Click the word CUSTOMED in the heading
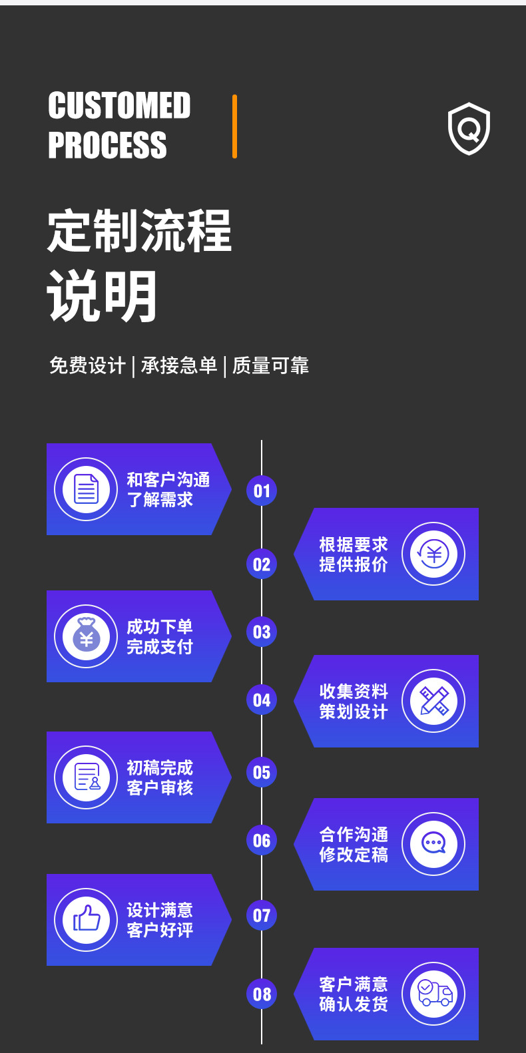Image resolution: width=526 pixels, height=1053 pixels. click(x=119, y=105)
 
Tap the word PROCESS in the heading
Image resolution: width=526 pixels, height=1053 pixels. click(x=107, y=145)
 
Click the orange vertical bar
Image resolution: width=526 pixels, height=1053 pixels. click(x=234, y=126)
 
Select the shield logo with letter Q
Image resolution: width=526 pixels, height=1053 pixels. click(x=469, y=128)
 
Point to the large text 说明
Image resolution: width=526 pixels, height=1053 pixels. click(x=101, y=296)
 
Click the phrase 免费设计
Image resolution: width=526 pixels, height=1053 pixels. click(x=87, y=365)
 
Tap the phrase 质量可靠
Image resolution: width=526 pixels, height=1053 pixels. click(x=270, y=365)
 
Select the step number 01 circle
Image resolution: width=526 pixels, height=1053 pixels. click(x=262, y=491)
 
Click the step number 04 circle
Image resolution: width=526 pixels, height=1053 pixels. click(x=262, y=700)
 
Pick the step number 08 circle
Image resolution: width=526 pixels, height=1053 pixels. click(x=262, y=994)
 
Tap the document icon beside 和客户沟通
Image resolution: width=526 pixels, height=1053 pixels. click(x=86, y=489)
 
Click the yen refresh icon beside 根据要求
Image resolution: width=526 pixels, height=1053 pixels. click(x=433, y=554)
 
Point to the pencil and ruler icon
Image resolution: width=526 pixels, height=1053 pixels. click(x=434, y=700)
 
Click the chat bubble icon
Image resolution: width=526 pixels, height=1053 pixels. click(x=433, y=843)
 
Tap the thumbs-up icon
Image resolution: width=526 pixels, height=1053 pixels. click(x=87, y=919)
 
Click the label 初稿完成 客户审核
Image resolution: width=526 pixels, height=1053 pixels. click(x=160, y=777)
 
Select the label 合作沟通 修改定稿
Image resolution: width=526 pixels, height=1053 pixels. click(x=354, y=845)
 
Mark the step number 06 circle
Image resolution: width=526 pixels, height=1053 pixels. click(x=262, y=841)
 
